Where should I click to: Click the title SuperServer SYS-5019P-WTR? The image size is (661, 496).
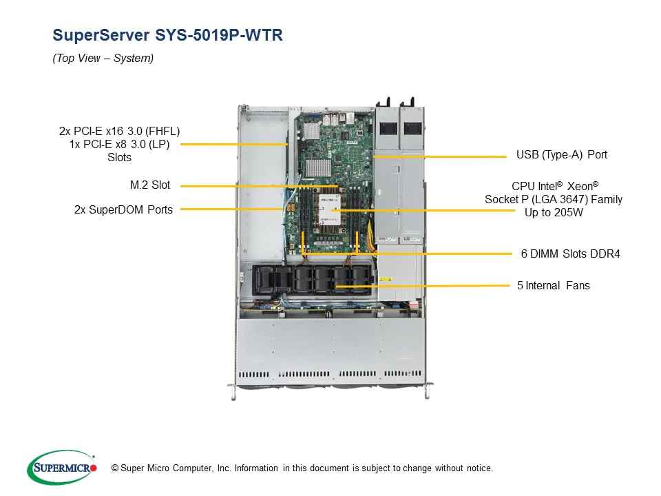(167, 35)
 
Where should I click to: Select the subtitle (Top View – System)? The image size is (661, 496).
(103, 58)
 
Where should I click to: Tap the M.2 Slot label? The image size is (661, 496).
(150, 185)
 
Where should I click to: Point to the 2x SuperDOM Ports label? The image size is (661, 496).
(123, 209)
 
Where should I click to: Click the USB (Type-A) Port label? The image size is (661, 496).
(562, 155)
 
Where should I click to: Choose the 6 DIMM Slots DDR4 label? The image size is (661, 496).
(570, 254)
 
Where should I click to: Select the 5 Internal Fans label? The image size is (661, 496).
(553, 285)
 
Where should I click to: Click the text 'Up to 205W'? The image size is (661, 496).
(554, 213)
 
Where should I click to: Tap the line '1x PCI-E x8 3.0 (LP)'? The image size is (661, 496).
(119, 144)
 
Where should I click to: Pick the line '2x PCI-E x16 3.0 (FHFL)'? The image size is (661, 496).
(119, 131)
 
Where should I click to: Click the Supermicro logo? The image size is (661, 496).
(63, 468)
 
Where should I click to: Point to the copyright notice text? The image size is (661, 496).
(302, 468)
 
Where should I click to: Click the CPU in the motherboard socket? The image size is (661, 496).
(330, 210)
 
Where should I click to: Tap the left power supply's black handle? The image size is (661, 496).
(388, 103)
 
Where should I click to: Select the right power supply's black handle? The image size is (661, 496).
(412, 103)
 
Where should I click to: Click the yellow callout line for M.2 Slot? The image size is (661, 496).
(260, 186)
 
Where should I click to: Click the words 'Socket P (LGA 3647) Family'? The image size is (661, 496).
(554, 200)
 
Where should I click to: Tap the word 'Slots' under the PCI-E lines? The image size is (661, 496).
(119, 158)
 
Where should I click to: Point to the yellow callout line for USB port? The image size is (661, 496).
(440, 156)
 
